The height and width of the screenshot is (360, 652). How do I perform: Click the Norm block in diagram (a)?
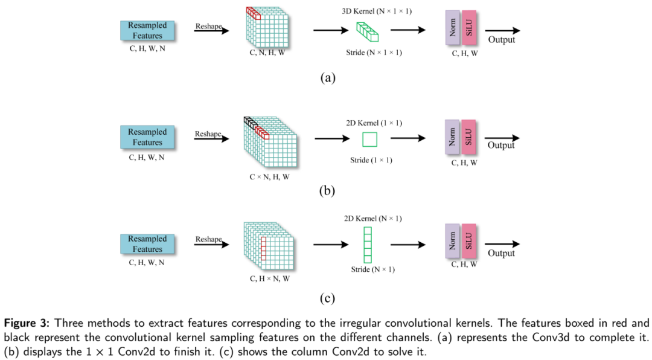pyautogui.click(x=453, y=28)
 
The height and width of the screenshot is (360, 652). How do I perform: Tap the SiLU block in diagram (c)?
pyautogui.click(x=468, y=241)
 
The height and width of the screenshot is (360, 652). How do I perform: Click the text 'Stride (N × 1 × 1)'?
pyautogui.click(x=374, y=53)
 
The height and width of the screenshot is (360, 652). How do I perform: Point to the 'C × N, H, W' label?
pyautogui.click(x=269, y=177)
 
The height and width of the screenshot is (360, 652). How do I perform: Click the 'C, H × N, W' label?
pyautogui.click(x=269, y=279)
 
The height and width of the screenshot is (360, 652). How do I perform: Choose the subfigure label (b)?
pyautogui.click(x=327, y=191)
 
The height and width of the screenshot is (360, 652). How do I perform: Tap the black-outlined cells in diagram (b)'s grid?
pyautogui.click(x=249, y=121)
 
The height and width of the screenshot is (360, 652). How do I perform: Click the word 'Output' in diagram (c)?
pyautogui.click(x=501, y=253)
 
